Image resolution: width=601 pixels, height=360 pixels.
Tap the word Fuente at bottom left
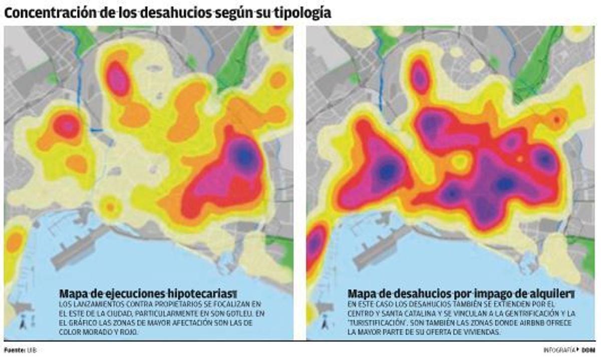point(13,350)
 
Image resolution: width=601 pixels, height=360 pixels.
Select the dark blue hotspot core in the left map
point(244,157)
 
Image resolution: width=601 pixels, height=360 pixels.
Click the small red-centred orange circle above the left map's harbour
point(110,206)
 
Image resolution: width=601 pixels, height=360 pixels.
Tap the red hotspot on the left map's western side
point(67,126)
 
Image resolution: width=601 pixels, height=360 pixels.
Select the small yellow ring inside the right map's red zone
point(458,161)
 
